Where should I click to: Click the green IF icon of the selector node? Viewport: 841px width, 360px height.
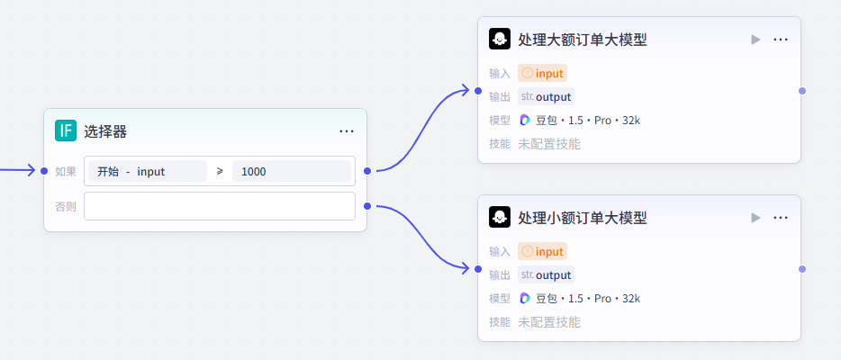click(66, 130)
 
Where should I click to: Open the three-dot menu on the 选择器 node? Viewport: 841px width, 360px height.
click(347, 131)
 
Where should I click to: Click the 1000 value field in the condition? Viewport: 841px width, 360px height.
click(291, 171)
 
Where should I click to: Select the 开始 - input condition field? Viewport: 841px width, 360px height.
click(147, 171)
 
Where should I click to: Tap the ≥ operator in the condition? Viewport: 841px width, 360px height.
click(220, 171)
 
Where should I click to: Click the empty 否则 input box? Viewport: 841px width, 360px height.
click(219, 206)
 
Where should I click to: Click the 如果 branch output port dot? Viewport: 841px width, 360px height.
click(366, 171)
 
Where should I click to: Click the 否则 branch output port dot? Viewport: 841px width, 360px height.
click(366, 206)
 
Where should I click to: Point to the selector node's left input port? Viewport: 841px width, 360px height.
click(44, 171)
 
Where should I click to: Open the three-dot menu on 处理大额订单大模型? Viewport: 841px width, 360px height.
click(781, 40)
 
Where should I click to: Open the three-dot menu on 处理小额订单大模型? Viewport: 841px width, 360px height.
click(781, 218)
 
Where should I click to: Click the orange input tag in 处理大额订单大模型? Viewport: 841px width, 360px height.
click(542, 74)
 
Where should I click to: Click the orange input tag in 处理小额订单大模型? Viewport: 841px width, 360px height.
click(542, 252)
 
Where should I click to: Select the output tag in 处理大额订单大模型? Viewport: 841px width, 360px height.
click(546, 97)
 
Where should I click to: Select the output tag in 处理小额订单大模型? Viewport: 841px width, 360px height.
click(546, 275)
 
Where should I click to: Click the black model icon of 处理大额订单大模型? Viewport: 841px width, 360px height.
click(499, 40)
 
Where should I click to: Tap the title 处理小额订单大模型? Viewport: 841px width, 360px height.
click(583, 218)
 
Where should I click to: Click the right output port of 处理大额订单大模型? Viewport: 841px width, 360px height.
click(801, 91)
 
